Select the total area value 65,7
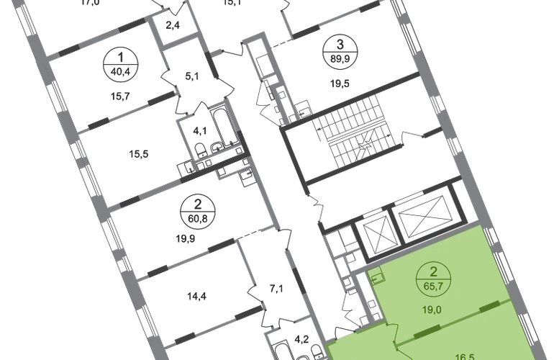click(434, 285)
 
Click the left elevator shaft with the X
click(377, 230)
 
